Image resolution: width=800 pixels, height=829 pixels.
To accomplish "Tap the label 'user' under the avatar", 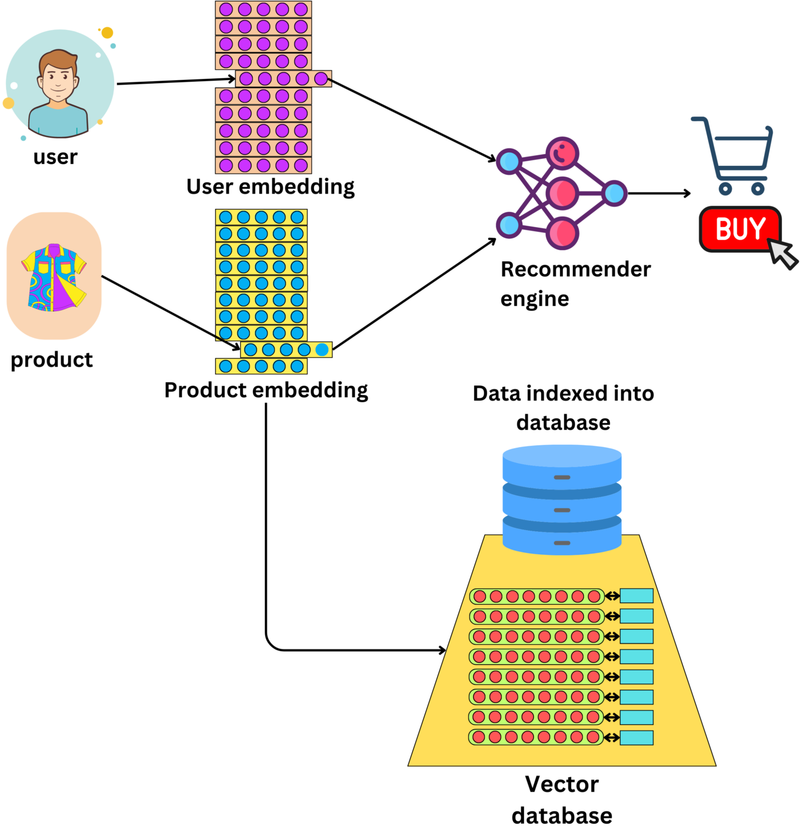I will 55,157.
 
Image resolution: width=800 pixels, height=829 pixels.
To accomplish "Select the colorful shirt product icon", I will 54,277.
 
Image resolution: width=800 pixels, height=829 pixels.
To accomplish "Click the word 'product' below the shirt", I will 52,359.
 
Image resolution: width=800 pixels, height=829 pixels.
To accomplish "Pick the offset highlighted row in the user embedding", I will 284,79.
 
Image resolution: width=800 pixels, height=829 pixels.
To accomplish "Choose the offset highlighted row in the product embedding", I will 286,350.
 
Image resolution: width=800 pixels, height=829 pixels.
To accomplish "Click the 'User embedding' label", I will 271,187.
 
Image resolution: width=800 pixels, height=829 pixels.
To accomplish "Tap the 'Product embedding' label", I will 266,390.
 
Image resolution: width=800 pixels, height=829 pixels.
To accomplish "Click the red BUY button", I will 739,229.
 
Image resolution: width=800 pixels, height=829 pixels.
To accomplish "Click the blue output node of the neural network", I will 615,193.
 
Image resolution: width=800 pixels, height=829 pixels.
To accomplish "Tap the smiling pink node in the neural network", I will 562,154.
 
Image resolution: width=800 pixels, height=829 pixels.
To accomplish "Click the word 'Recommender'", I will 575,269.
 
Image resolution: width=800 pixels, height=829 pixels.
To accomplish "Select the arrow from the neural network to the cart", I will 659,193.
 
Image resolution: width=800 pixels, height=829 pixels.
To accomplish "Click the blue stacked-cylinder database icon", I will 562,500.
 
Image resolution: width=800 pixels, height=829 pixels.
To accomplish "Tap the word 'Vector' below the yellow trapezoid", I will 562,784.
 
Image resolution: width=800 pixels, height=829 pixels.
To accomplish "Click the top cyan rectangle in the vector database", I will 636,596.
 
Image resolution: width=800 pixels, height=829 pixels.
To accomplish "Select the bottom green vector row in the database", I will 536,737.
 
